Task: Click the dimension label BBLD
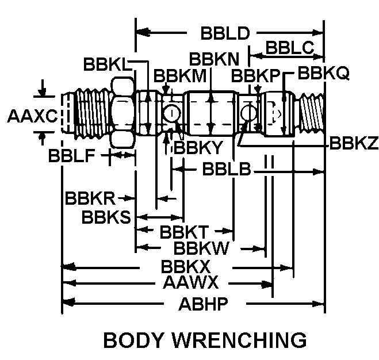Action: (x=225, y=33)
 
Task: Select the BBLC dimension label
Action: (x=289, y=49)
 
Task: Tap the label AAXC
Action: (x=32, y=116)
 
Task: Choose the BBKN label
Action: (x=215, y=59)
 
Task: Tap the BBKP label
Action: (x=255, y=75)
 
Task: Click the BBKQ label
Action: (x=324, y=74)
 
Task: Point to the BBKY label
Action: (x=198, y=148)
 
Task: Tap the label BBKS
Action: (x=107, y=217)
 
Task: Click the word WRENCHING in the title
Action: (x=242, y=340)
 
